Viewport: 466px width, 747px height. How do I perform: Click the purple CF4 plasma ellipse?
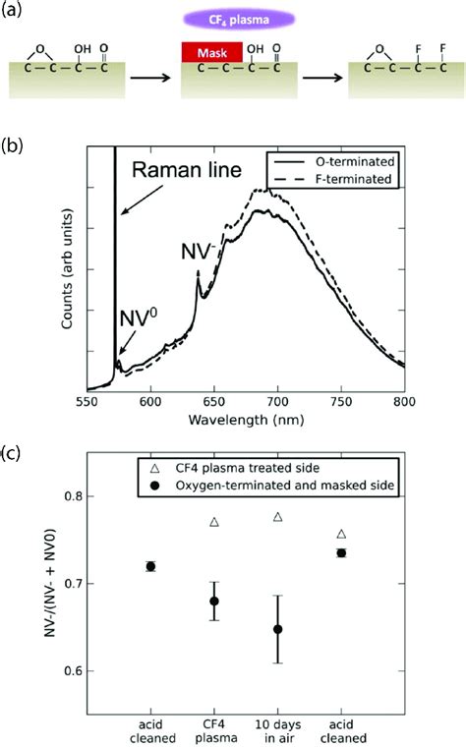pos(232,17)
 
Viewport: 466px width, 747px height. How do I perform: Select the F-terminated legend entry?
pos(340,178)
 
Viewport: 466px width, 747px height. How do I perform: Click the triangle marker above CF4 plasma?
pos(214,522)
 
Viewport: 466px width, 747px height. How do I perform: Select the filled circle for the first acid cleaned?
pos(150,566)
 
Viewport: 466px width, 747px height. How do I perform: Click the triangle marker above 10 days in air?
pos(278,516)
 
